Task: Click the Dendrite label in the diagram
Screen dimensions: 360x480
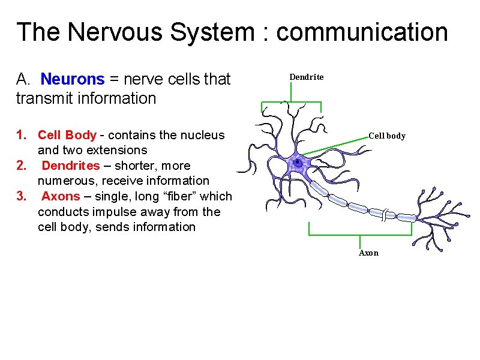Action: click(x=306, y=77)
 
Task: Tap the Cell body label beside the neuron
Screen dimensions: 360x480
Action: click(x=386, y=136)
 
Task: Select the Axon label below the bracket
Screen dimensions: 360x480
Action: click(x=368, y=253)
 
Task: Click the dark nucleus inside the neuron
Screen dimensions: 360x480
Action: click(x=298, y=162)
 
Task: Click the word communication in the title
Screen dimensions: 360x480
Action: click(x=362, y=32)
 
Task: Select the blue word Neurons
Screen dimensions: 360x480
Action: click(x=73, y=79)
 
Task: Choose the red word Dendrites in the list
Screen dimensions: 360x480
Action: click(x=71, y=166)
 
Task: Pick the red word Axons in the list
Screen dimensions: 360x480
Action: click(x=61, y=196)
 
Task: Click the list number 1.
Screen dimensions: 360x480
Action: click(x=20, y=135)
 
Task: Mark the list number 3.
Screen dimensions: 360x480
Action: click(x=21, y=196)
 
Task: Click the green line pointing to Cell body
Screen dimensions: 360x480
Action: click(x=336, y=146)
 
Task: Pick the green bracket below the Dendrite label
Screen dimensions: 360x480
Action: click(x=291, y=103)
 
